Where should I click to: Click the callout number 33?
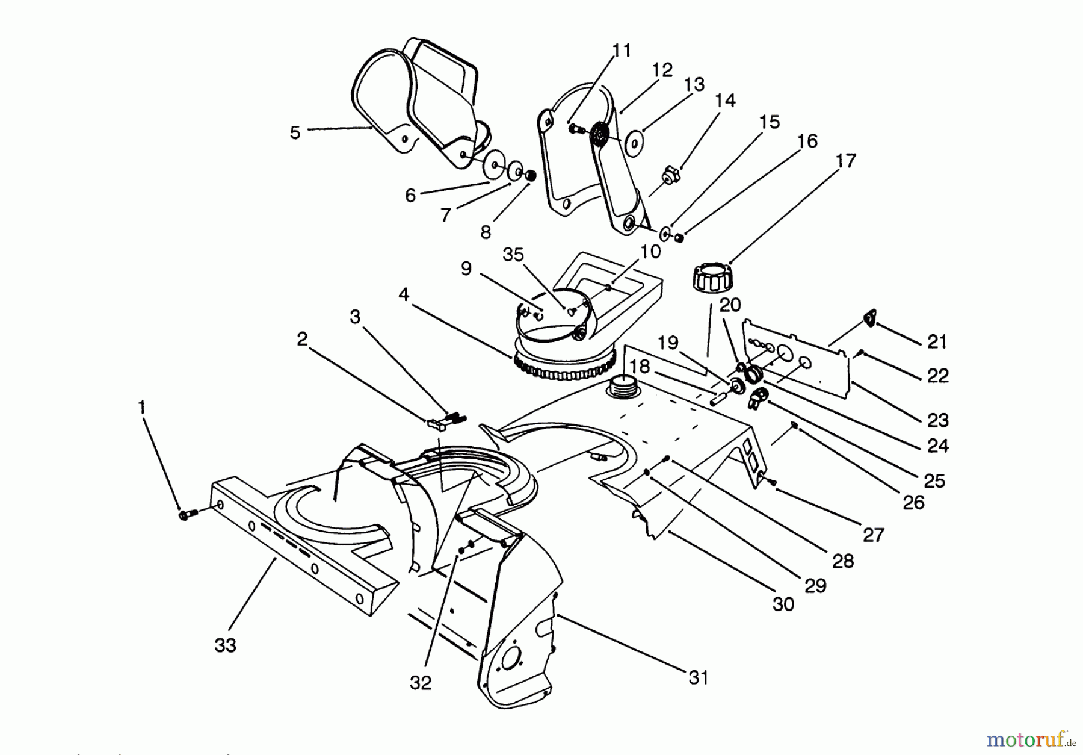pos(226,645)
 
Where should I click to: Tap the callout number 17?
pos(845,161)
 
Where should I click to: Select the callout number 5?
pos(295,132)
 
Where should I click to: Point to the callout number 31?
pos(698,678)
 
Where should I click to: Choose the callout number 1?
pos(142,408)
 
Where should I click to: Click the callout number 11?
pos(622,51)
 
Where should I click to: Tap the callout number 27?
pos(873,534)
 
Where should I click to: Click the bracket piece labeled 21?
pos(869,318)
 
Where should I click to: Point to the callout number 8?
pos(486,232)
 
